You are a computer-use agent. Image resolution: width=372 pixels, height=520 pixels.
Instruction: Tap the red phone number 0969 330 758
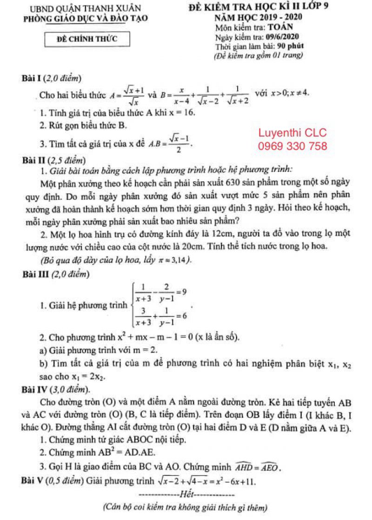tap(292, 146)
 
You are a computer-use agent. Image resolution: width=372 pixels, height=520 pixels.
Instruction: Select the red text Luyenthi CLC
tap(292, 133)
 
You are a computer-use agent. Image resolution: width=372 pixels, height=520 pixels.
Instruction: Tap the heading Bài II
tap(36, 160)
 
